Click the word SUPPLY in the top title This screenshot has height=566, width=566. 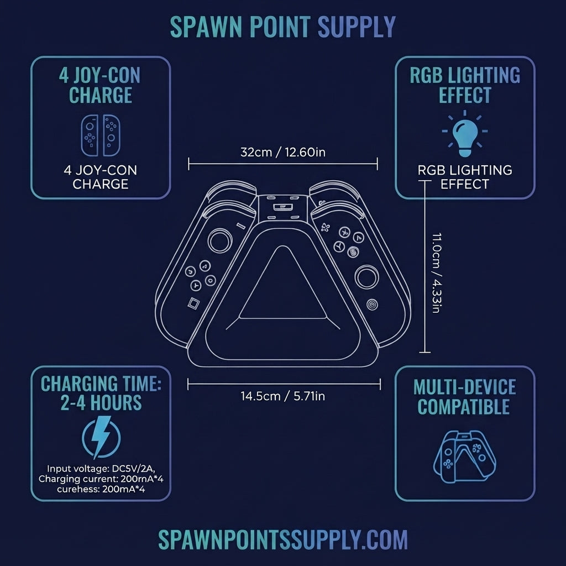[x=357, y=27]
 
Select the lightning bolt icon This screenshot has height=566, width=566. [x=101, y=437]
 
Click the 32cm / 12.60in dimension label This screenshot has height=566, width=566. [x=283, y=153]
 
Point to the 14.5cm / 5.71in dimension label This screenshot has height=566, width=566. [x=283, y=396]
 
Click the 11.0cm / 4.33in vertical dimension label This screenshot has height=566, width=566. [x=437, y=273]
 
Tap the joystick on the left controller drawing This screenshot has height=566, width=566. [x=220, y=240]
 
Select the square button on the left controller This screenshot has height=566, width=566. [x=193, y=303]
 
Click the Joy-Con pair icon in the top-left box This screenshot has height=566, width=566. [x=101, y=135]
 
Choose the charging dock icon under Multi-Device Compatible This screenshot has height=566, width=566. [x=464, y=456]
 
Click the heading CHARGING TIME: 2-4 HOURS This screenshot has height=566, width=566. [x=101, y=393]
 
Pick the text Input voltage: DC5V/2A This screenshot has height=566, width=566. [x=101, y=469]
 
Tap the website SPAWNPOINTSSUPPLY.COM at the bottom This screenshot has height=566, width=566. [x=283, y=539]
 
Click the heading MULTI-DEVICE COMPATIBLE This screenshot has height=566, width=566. [x=464, y=397]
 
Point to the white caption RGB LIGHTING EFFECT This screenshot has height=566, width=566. [x=465, y=177]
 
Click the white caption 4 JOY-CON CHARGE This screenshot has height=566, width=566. [x=101, y=177]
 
